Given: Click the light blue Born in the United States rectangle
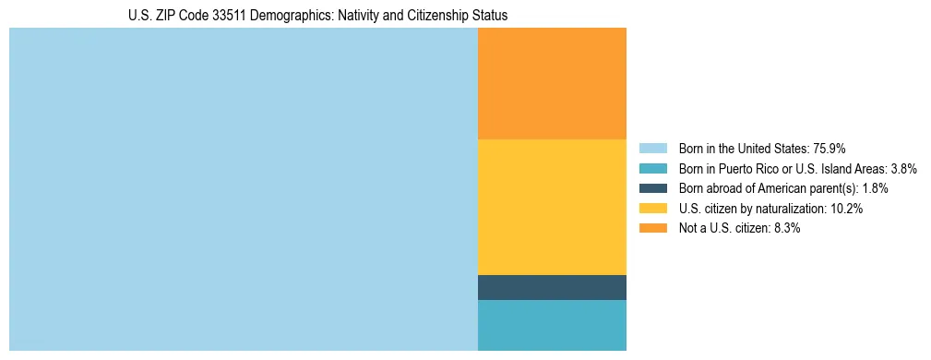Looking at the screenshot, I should [243, 189].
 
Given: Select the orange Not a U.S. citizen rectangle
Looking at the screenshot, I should [552, 83].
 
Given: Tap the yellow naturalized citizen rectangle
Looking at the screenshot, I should [552, 207].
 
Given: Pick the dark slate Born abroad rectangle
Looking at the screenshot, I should [552, 287].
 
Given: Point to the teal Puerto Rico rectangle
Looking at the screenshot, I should [552, 325].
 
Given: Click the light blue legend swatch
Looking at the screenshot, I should [652, 148].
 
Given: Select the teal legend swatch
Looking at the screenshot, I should [652, 168].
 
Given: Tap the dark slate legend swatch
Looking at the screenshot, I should [652, 188].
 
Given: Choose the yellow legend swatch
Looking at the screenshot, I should [652, 209].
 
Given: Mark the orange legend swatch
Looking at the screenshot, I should [652, 229].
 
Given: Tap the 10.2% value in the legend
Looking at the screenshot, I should [846, 209].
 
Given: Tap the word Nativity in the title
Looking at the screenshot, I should [366, 16].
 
